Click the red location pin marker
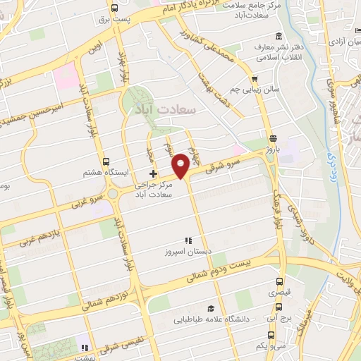[181, 165]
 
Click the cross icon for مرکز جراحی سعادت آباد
[153, 173]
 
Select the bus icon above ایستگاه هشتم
[106, 161]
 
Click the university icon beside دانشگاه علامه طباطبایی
[210, 308]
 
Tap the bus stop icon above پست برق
[114, 7]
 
